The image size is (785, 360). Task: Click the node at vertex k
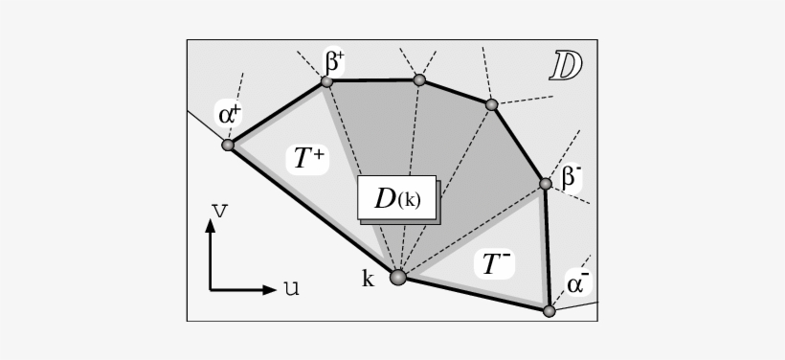[398, 278]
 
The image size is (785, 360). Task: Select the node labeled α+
[228, 146]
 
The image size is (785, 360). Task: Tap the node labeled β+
[326, 81]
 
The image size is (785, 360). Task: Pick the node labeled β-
[545, 183]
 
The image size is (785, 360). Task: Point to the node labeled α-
[549, 311]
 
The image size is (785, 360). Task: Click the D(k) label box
[396, 199]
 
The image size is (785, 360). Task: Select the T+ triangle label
[307, 158]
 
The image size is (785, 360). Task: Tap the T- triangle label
[495, 264]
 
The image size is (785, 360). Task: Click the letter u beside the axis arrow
[290, 287]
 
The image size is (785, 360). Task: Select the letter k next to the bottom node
[368, 280]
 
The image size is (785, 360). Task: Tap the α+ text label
[230, 115]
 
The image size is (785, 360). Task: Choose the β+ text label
[334, 62]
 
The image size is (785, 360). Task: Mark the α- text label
[577, 283]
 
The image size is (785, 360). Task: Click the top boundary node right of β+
[419, 79]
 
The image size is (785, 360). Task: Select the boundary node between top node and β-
[491, 104]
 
